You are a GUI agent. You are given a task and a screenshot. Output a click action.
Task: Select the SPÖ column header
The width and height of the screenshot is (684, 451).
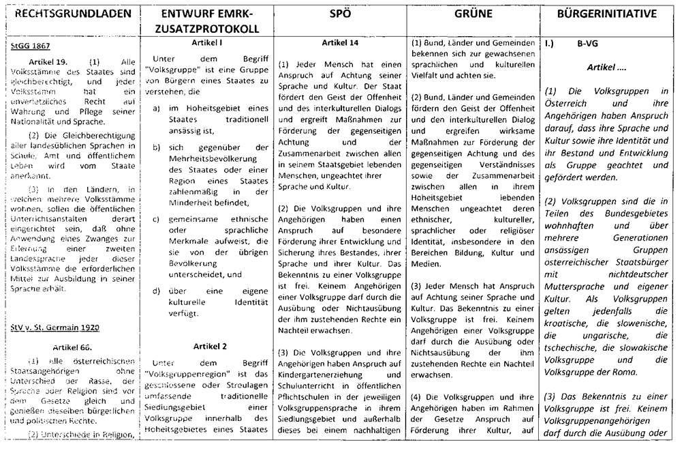339,13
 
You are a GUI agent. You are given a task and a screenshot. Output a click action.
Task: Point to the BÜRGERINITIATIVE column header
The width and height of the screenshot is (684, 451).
608,13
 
